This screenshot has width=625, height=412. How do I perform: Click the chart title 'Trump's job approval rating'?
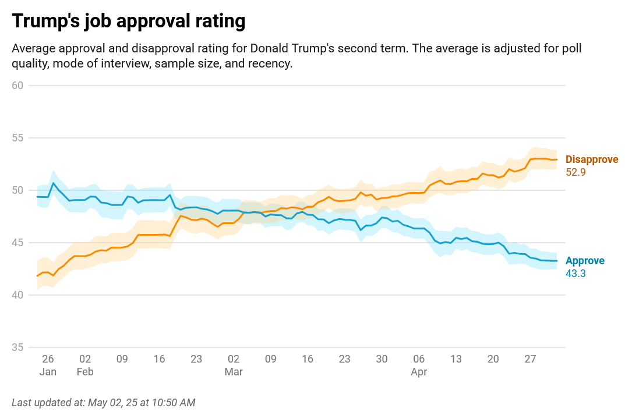[x=128, y=22]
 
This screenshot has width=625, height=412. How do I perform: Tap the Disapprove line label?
[x=592, y=159]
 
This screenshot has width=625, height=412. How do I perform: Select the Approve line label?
[x=585, y=261]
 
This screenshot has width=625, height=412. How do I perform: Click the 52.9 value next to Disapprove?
[x=575, y=172]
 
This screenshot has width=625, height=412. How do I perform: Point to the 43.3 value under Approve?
[x=575, y=272]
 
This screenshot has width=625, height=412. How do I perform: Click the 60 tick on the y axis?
[x=17, y=86]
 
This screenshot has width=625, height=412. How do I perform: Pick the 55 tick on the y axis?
[x=17, y=138]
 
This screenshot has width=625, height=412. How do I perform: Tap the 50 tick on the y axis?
[x=17, y=190]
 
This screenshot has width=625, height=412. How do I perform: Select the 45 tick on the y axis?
[x=17, y=243]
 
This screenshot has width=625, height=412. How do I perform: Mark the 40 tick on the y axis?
[x=17, y=295]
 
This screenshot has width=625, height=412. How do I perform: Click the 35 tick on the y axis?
[x=17, y=347]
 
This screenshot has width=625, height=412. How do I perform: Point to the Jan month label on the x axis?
[x=48, y=372]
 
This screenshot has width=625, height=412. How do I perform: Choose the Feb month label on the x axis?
[x=85, y=372]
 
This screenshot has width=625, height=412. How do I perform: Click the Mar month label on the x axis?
[x=234, y=372]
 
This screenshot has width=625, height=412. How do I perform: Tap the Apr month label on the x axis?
[x=419, y=372]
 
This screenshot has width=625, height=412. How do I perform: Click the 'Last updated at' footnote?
[x=104, y=402]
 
